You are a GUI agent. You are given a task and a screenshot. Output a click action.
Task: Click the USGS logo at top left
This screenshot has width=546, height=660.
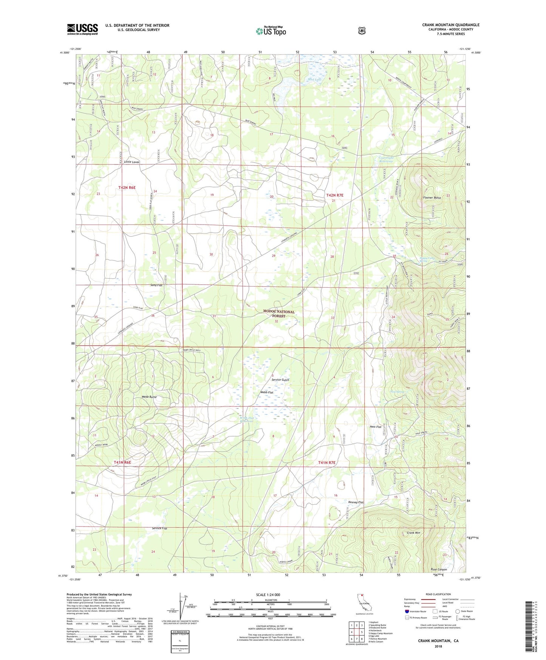tap(82, 29)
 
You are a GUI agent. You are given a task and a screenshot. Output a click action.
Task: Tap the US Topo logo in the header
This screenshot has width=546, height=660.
tap(271, 31)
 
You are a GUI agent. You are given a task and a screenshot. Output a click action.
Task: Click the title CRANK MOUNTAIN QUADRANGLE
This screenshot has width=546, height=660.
tap(450, 25)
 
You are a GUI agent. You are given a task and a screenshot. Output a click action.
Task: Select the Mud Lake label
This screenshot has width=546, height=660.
tap(314, 79)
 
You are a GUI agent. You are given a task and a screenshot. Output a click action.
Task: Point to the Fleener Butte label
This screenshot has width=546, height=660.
tap(432, 198)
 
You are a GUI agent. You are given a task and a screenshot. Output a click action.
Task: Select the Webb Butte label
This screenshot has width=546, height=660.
tap(149, 397)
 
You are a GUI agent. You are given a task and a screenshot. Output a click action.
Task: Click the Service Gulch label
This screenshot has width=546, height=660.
tap(280, 380)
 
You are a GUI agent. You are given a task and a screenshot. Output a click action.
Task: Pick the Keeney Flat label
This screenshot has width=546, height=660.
tap(356, 502)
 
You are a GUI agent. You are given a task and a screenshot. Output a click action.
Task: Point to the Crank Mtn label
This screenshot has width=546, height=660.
tap(413, 533)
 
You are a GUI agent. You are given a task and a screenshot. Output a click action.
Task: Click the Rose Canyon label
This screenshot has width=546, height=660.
tap(439, 569)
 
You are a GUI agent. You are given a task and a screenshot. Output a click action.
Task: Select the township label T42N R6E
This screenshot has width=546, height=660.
tap(127, 187)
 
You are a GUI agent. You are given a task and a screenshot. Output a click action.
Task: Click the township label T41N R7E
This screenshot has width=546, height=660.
tap(326, 463)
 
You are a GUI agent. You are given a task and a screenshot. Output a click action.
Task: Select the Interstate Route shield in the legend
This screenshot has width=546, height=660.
tap(407, 611)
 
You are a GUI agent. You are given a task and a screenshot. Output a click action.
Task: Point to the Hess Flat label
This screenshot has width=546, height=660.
tap(375, 427)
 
